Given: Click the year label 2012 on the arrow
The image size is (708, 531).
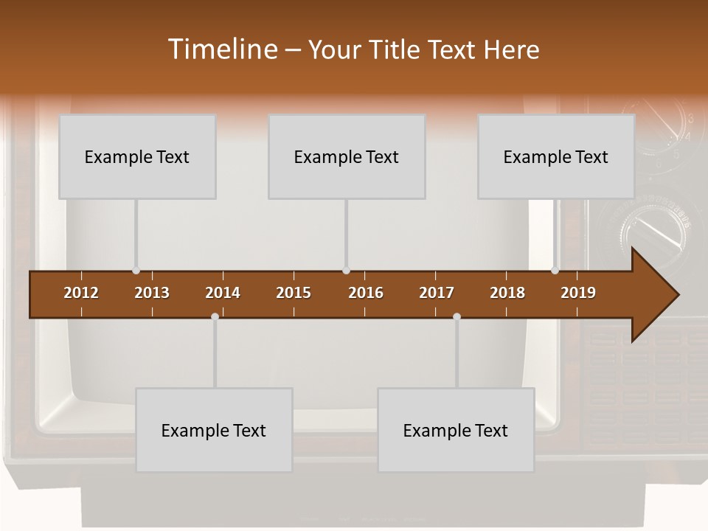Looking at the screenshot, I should (x=81, y=293).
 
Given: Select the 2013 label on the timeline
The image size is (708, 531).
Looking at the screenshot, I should (x=152, y=293).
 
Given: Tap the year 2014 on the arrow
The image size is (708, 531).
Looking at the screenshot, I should (x=223, y=293).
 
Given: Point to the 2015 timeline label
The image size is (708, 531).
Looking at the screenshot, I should (x=294, y=293).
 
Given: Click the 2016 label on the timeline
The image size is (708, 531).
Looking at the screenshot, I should (x=366, y=293).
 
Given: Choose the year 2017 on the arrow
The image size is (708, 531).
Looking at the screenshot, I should (x=437, y=293).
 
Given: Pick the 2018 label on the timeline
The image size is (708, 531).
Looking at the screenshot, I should (x=507, y=293).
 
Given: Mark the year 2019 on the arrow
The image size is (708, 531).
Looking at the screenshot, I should (x=578, y=293).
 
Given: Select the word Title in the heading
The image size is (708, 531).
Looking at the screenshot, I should (x=396, y=49).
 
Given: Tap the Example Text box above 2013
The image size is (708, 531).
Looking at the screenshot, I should (x=137, y=156).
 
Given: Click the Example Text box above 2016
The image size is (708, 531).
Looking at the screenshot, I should (x=347, y=156).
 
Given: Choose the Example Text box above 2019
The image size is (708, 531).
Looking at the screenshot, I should (x=556, y=156).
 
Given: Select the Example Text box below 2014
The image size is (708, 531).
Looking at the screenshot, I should (x=214, y=430).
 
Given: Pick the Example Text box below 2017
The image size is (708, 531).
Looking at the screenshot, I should (x=456, y=430).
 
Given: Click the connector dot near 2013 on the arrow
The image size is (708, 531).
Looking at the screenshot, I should (x=136, y=271).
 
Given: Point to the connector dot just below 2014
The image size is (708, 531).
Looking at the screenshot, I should (x=215, y=317).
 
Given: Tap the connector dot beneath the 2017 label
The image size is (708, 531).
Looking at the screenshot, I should (x=457, y=317).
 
